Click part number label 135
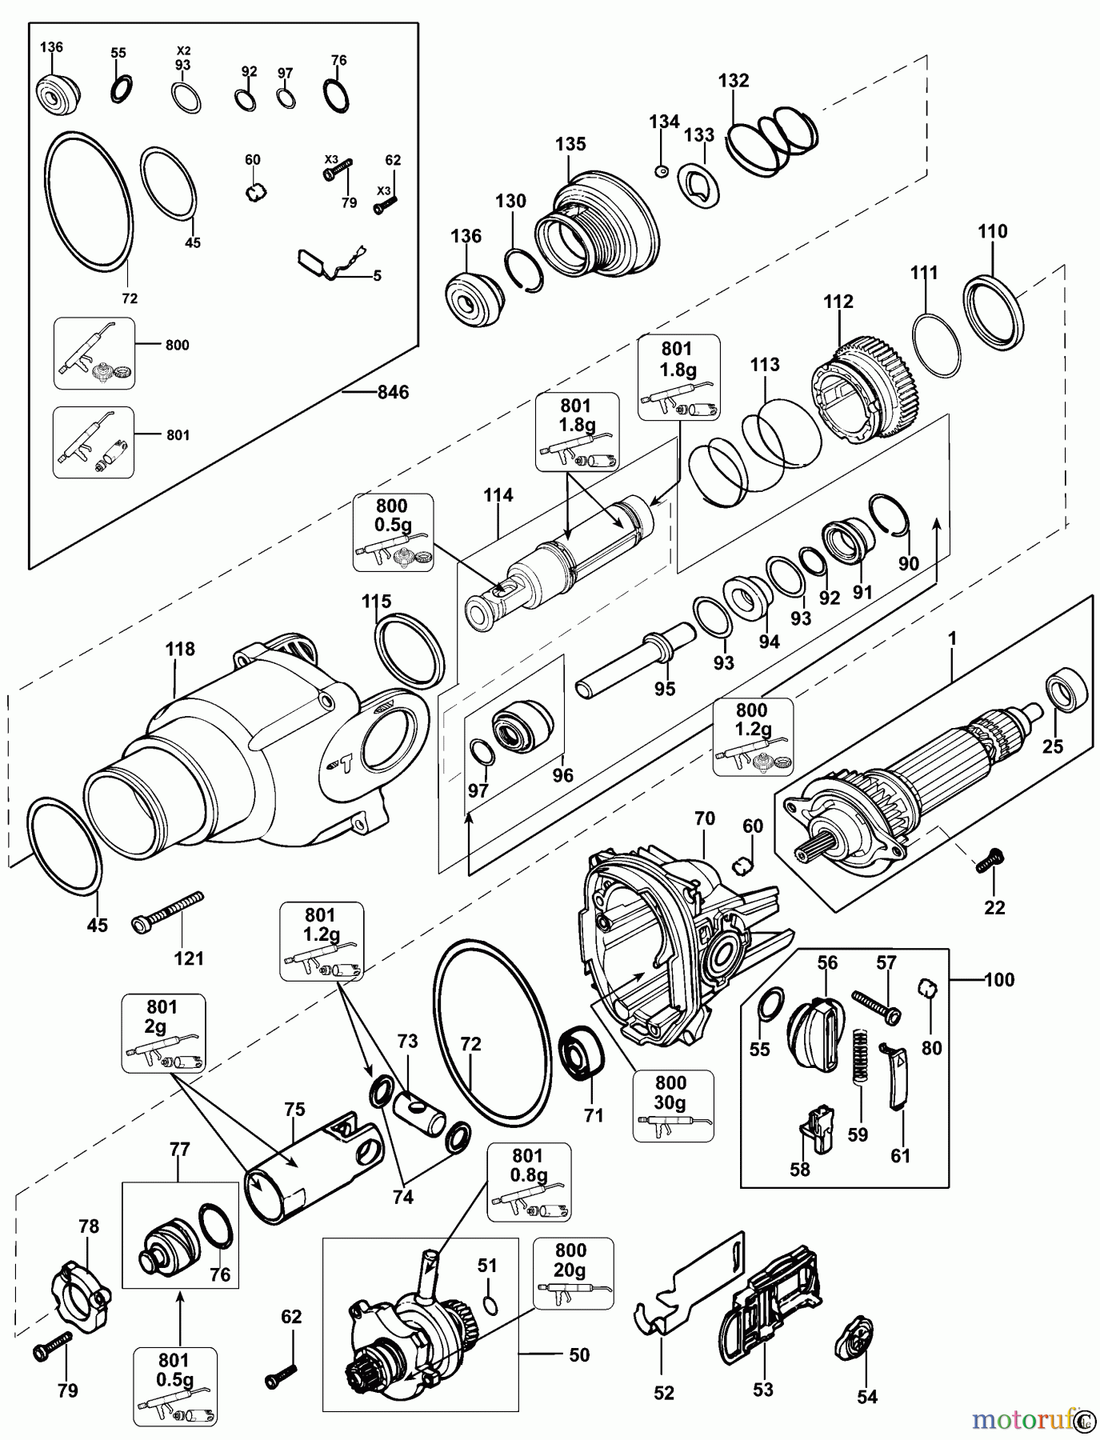click(570, 144)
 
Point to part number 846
click(393, 392)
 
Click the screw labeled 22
click(990, 862)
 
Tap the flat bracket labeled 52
click(688, 1288)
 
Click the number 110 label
click(992, 232)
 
